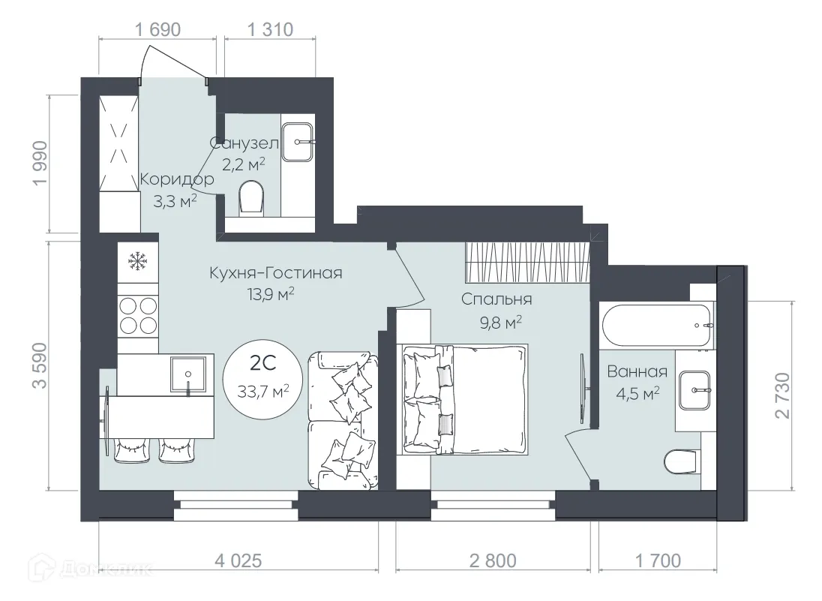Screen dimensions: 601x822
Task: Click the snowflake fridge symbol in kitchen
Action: [137, 260]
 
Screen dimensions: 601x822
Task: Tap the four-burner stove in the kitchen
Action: [137, 316]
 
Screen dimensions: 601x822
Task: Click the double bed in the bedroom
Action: [463, 398]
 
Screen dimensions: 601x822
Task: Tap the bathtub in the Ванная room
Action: [656, 325]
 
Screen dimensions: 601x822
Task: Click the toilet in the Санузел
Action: [250, 199]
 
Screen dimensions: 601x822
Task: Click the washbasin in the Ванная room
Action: [697, 390]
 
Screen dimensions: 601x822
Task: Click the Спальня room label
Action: [496, 299]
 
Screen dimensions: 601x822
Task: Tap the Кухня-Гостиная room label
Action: [276, 273]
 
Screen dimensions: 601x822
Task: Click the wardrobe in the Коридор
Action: [119, 143]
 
